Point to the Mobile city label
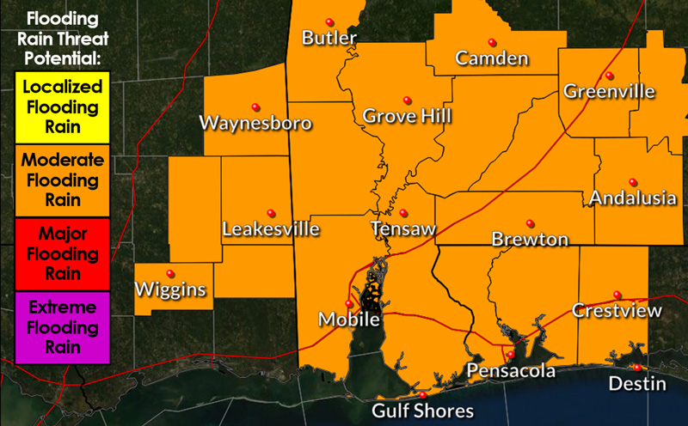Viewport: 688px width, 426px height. [x=349, y=319]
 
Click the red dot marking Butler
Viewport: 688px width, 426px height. [x=329, y=22]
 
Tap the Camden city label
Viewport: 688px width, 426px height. [x=492, y=58]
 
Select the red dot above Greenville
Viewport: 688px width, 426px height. [x=609, y=75]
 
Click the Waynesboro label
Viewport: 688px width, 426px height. [x=255, y=123]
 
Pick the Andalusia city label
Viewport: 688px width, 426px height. [x=633, y=198]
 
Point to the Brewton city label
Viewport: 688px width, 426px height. [x=530, y=239]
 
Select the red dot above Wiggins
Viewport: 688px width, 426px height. [x=169, y=273]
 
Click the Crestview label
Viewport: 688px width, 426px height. [x=617, y=310]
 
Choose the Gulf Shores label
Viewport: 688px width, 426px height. [x=422, y=411]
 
